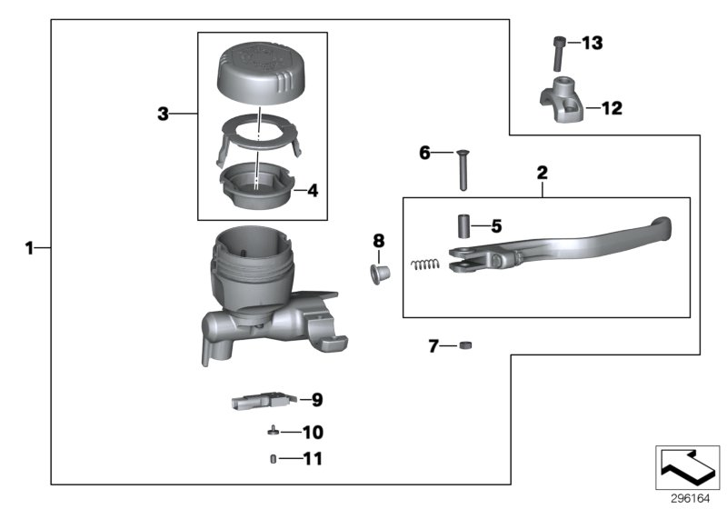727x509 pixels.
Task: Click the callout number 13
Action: click(x=592, y=44)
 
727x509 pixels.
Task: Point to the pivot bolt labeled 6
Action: click(x=463, y=170)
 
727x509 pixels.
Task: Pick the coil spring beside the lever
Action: click(x=423, y=264)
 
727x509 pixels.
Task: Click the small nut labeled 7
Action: click(x=463, y=345)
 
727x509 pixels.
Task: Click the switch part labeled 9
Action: click(x=264, y=399)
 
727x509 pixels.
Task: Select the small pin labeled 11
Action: click(x=272, y=459)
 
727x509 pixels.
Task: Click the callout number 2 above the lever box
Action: click(x=543, y=172)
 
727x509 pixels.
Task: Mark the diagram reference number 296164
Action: click(x=692, y=498)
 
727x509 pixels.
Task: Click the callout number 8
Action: click(x=378, y=240)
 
